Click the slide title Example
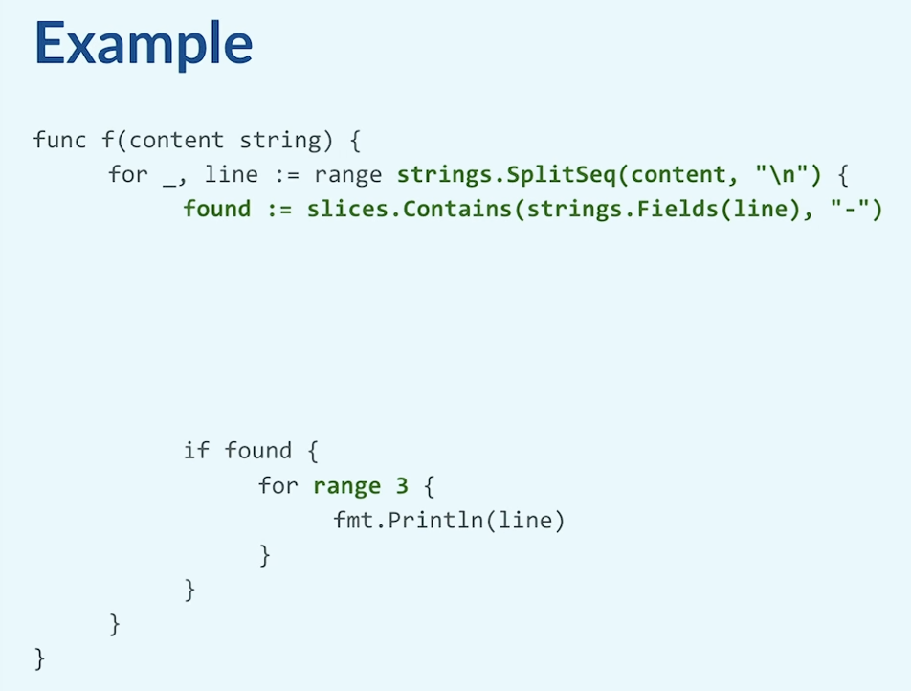pyautogui.click(x=144, y=45)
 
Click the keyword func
pyautogui.click(x=60, y=140)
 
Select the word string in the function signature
pyautogui.click(x=280, y=141)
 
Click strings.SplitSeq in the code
pyautogui.click(x=506, y=175)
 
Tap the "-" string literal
pyautogui.click(x=850, y=209)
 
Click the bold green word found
pyautogui.click(x=217, y=210)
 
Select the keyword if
pyautogui.click(x=196, y=451)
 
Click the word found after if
pyautogui.click(x=258, y=451)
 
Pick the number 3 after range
pyautogui.click(x=402, y=486)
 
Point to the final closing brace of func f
pyautogui.click(x=39, y=659)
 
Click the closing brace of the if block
pyautogui.click(x=189, y=590)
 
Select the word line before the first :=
pyautogui.click(x=232, y=174)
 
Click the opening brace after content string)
pyautogui.click(x=355, y=141)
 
